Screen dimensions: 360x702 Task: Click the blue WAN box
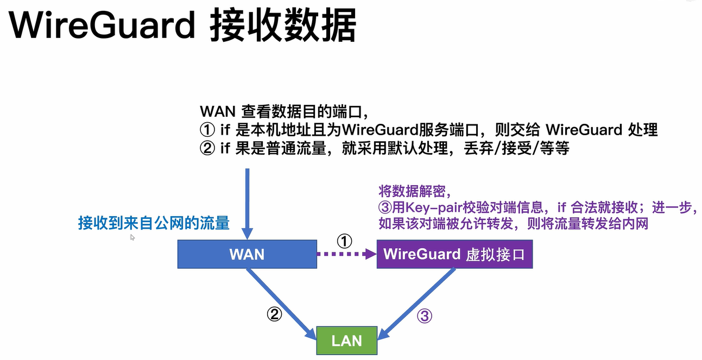[247, 254]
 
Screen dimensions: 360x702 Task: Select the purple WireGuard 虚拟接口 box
[454, 254]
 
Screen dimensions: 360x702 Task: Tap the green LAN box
[346, 340]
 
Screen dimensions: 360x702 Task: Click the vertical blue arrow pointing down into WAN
[247, 201]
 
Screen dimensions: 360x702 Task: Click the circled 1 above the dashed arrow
[345, 241]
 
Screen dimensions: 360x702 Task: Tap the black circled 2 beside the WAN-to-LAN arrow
[275, 313]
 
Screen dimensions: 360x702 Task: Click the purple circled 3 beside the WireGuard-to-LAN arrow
[424, 317]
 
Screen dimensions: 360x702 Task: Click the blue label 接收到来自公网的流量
[154, 223]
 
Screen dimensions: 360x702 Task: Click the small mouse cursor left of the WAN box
[132, 237]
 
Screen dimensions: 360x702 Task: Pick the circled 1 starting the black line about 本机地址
[207, 130]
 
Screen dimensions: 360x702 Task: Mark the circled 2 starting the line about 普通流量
[207, 148]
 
